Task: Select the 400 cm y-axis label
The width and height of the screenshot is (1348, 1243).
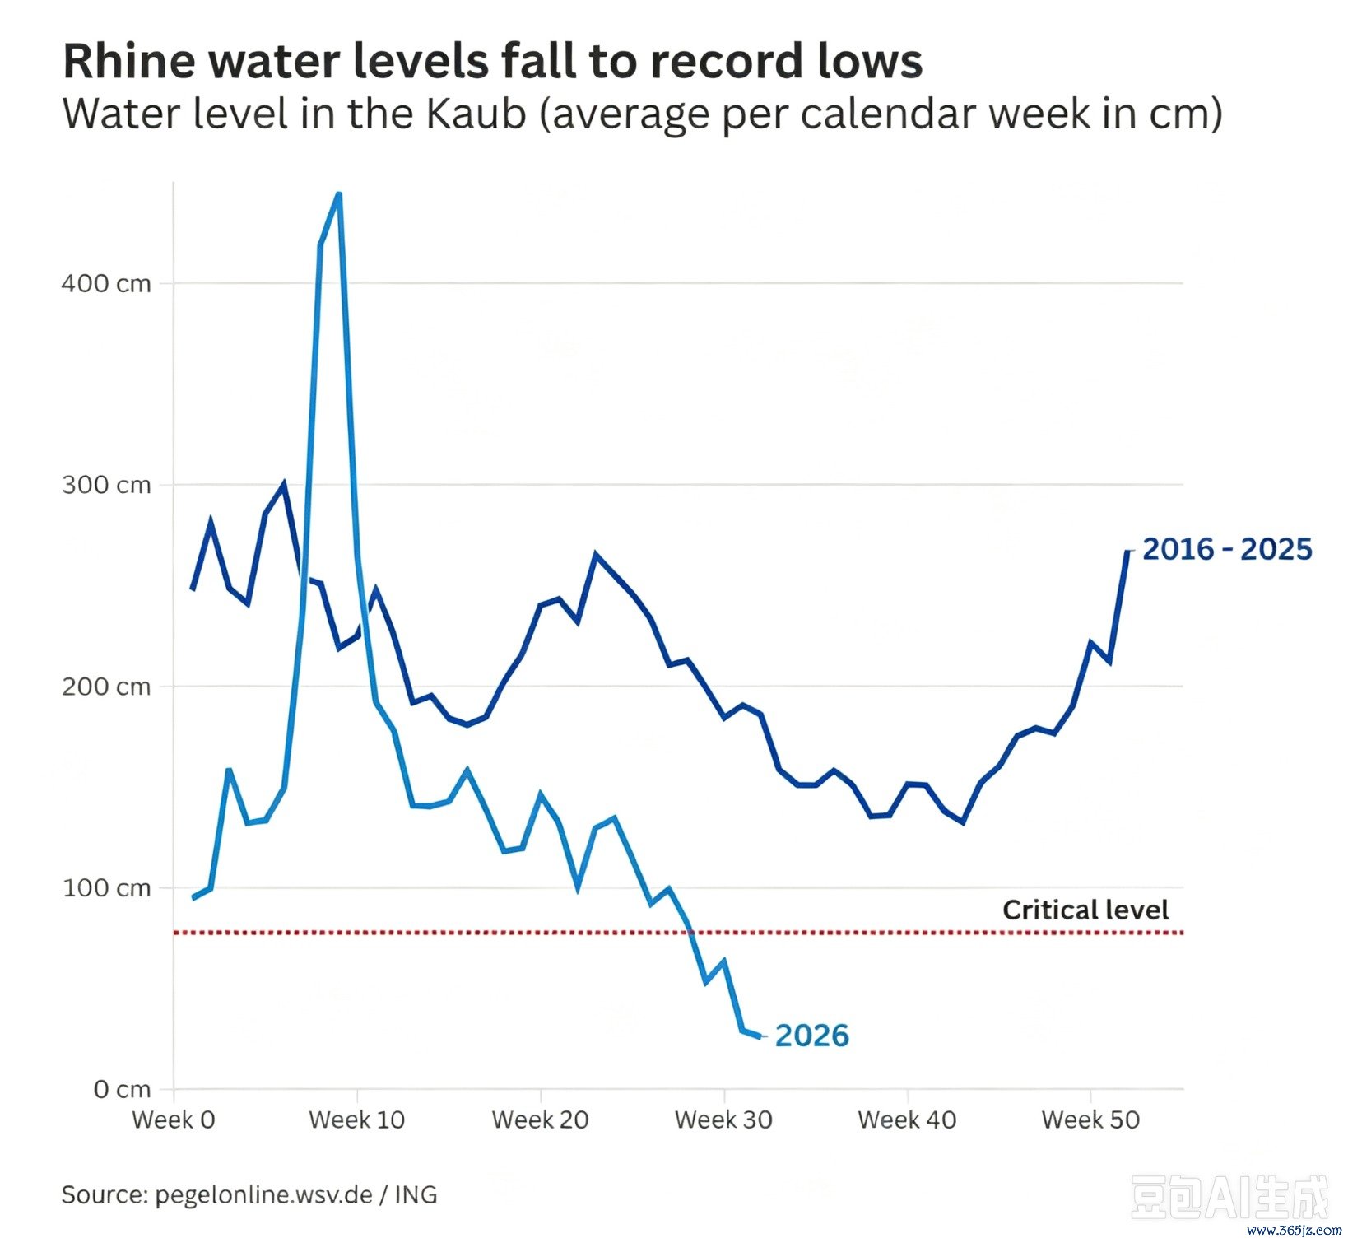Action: [x=106, y=283]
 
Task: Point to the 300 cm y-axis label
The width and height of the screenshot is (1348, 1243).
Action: [x=106, y=484]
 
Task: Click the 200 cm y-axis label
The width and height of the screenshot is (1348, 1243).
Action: [x=106, y=686]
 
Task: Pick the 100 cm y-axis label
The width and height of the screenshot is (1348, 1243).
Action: [x=106, y=887]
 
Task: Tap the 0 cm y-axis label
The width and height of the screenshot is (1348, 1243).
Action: [x=122, y=1089]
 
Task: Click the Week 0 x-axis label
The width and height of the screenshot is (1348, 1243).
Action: [x=173, y=1120]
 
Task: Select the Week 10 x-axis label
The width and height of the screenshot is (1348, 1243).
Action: [x=356, y=1120]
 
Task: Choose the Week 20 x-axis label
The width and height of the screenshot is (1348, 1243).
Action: [x=540, y=1120]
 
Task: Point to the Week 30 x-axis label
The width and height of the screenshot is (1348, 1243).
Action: [x=723, y=1120]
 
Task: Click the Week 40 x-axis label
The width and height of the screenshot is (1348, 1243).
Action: [x=907, y=1120]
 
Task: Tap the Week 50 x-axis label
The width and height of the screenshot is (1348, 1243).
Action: [x=1090, y=1120]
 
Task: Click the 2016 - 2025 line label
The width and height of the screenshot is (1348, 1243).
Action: [x=1227, y=549]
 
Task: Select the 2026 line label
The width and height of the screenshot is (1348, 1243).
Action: [x=811, y=1036]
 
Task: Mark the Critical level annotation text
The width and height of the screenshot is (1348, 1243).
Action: [x=1085, y=910]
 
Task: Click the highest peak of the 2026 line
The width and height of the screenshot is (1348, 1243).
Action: [x=338, y=194]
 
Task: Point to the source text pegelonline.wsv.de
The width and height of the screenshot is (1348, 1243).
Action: [x=263, y=1194]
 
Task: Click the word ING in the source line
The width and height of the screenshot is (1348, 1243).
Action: [x=416, y=1194]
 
